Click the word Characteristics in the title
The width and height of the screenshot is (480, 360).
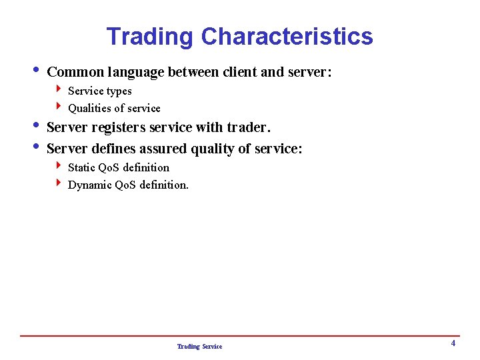pyautogui.click(x=287, y=36)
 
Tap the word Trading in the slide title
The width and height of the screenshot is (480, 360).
pyautogui.click(x=150, y=36)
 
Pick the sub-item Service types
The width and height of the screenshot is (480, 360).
pyautogui.click(x=100, y=91)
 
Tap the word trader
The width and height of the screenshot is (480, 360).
pyautogui.click(x=249, y=127)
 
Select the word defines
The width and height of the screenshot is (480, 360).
pyautogui.click(x=113, y=149)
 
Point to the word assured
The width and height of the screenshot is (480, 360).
pyautogui.click(x=163, y=149)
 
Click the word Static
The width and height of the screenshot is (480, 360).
pyautogui.click(x=81, y=167)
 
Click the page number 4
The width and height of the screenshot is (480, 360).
pyautogui.click(x=453, y=343)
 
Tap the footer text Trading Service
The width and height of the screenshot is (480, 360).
pyautogui.click(x=199, y=347)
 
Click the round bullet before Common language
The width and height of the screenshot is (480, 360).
pyautogui.click(x=35, y=70)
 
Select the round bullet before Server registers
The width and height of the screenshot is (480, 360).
pyautogui.click(x=35, y=125)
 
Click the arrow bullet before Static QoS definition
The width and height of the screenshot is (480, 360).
pyautogui.click(x=59, y=166)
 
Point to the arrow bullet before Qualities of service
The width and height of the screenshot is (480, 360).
pyautogui.click(x=59, y=107)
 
